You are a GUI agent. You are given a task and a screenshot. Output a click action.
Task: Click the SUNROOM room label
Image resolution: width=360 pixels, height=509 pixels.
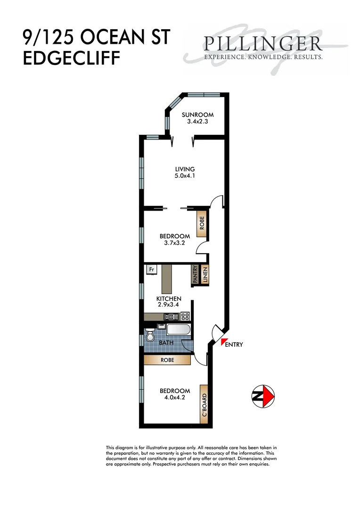pos(198,115)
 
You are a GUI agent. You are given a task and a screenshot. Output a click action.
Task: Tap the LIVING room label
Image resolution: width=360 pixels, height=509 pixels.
pos(185,169)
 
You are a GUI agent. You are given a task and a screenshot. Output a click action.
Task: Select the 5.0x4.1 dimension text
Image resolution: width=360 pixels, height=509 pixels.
pos(185,176)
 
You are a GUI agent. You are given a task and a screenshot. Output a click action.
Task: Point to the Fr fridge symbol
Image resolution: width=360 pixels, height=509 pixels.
pos(152,270)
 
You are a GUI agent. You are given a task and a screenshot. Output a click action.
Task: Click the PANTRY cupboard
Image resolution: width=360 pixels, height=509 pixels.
pos(195,275)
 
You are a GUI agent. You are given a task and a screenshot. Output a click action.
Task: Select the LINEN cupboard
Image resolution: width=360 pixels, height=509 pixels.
pos(205,275)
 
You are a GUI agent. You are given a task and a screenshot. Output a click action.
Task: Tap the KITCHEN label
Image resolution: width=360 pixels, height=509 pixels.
pos(169,299)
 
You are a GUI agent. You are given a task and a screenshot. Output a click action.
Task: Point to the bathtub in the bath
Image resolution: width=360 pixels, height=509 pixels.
pos(178,330)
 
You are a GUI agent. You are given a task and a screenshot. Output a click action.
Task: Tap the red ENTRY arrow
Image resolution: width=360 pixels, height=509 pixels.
pos(223,342)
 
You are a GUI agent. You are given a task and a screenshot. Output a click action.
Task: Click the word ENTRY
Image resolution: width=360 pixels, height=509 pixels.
pos(235,345)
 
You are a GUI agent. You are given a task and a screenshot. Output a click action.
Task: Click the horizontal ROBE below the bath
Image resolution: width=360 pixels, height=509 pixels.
pos(167,360)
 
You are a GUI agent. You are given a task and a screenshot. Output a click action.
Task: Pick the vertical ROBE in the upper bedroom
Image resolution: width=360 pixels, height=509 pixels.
pos(202,223)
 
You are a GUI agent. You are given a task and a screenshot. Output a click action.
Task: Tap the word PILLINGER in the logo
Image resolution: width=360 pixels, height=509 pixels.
pos(263,44)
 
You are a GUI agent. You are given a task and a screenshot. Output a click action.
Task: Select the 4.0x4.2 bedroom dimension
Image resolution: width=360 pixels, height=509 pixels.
pos(174,398)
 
